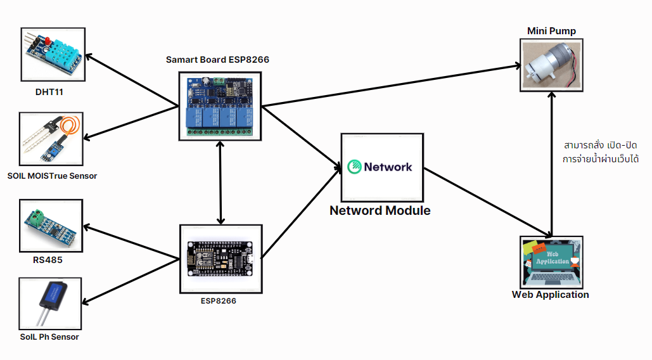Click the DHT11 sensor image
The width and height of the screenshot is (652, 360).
tap(53, 55)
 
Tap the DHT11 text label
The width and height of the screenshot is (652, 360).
tap(49, 93)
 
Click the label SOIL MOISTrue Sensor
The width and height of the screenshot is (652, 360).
tap(52, 176)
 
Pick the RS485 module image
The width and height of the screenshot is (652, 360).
tap(51, 226)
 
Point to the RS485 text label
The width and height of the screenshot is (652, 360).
tap(48, 259)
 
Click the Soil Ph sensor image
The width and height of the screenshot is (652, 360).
tap(51, 302)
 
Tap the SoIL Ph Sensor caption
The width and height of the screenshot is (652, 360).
tap(49, 337)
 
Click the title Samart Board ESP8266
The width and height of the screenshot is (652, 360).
tap(217, 60)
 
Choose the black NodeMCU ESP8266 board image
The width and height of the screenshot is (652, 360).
tap(221, 259)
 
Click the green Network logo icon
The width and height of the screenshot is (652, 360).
tap(354, 167)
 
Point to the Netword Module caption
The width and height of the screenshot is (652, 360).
tap(380, 210)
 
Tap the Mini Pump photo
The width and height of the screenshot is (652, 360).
tap(551, 65)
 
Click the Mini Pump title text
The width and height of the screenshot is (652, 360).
tap(551, 31)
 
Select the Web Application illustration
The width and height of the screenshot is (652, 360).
tap(551, 262)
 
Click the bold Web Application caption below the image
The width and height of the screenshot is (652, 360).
tap(550, 295)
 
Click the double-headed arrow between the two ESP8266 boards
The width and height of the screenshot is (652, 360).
tap(220, 183)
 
